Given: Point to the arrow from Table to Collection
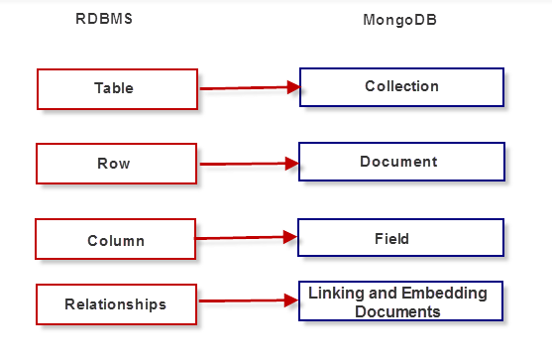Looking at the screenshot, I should tap(248, 88).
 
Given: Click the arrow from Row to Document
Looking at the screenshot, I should tap(248, 162).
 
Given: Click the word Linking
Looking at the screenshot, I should tap(335, 294).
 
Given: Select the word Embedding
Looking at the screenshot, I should tap(425, 294).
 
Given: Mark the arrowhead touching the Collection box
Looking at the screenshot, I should tap(292, 87).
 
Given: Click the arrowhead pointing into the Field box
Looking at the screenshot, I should tap(290, 236).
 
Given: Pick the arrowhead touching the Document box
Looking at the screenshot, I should tap(292, 161).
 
